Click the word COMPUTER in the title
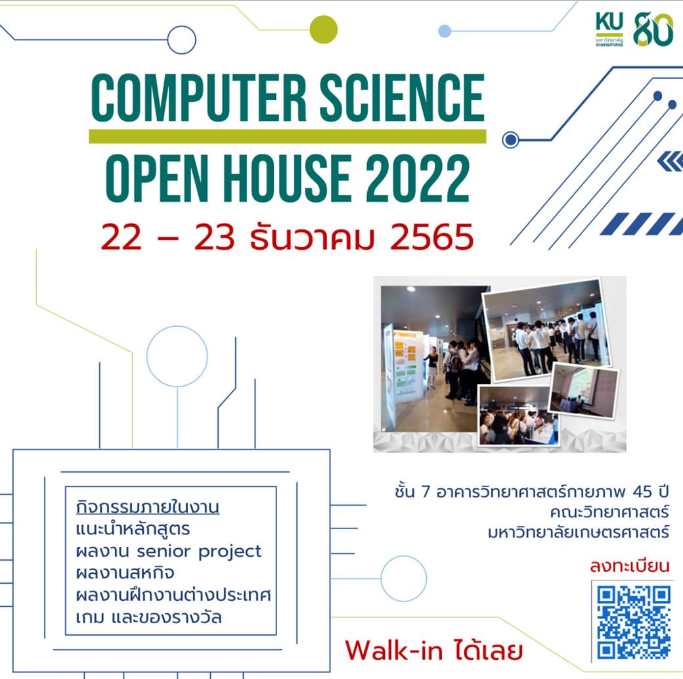[x=199, y=98]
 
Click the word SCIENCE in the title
[x=402, y=98]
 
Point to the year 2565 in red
[x=431, y=237]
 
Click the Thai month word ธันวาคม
[x=312, y=237]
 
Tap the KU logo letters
[x=609, y=22]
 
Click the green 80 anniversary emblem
[x=653, y=29]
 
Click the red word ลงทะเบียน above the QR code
[x=629, y=566]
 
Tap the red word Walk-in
[x=394, y=650]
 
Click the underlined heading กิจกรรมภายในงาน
[x=148, y=507]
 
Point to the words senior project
[x=199, y=551]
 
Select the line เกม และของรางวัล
[x=149, y=617]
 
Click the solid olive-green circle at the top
[x=324, y=29]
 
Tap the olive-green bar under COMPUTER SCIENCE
[x=288, y=136]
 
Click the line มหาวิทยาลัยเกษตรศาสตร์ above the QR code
[x=579, y=532]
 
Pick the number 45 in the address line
[x=642, y=492]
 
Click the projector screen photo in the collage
[x=584, y=391]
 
